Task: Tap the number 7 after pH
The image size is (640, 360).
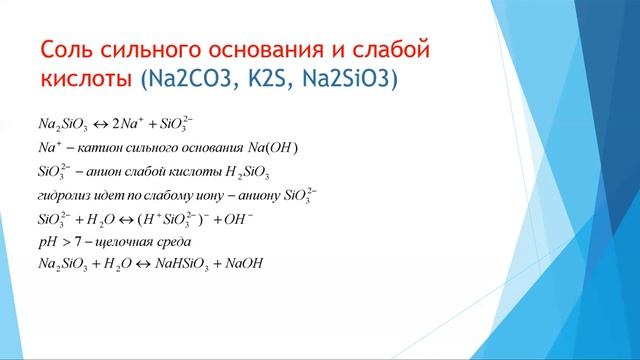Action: [79, 242]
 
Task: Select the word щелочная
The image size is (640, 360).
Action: [125, 242]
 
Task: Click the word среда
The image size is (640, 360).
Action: [180, 242]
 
